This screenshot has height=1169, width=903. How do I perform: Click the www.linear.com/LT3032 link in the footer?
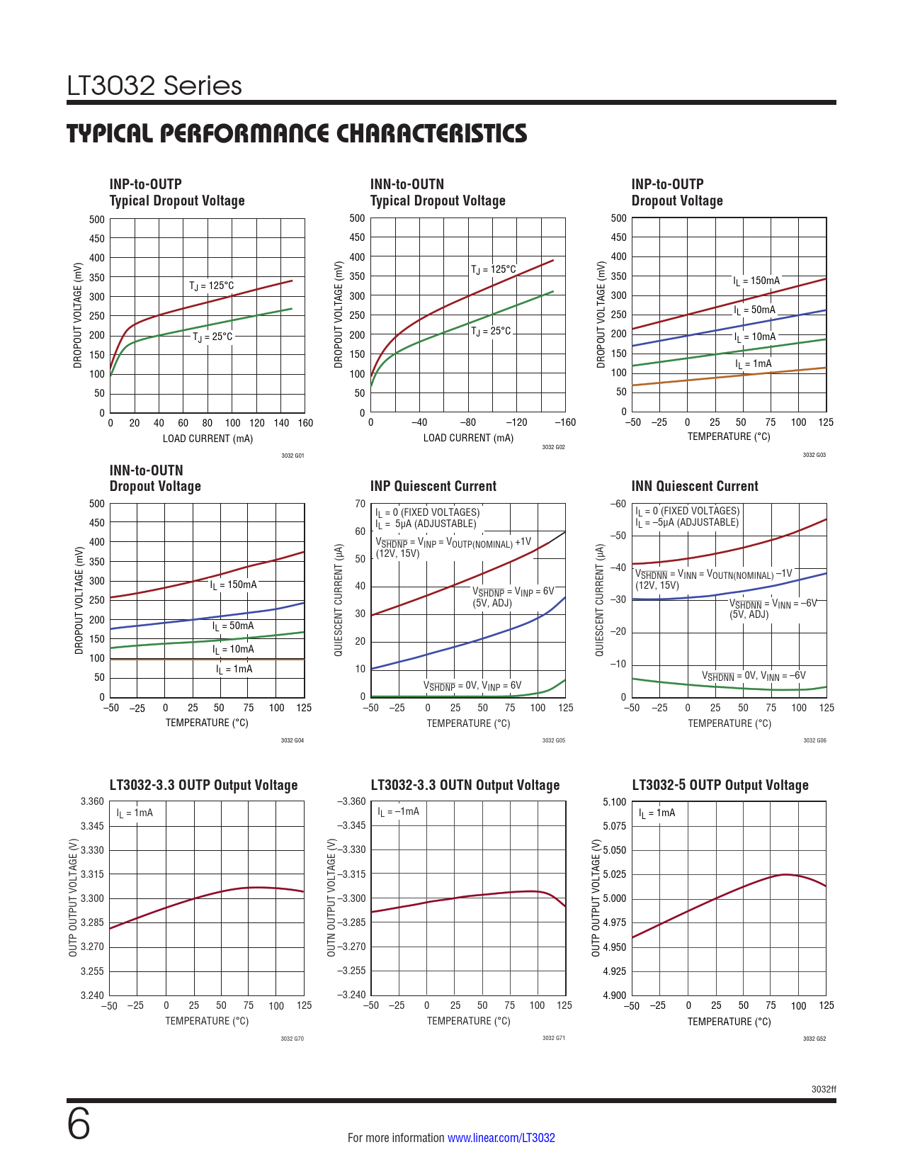(501, 1138)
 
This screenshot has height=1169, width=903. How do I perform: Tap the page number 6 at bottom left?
(79, 1124)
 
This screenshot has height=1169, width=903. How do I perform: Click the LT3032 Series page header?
(154, 86)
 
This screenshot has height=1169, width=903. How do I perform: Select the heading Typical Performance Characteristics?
(297, 133)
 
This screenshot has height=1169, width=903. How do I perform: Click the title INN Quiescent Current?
(694, 486)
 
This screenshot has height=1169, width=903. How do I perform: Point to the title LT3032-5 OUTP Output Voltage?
(720, 785)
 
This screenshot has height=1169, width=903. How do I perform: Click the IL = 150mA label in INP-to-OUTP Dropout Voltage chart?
(756, 281)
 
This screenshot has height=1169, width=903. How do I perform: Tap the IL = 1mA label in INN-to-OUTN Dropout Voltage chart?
(234, 670)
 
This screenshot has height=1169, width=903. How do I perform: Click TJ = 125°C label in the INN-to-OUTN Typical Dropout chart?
(494, 269)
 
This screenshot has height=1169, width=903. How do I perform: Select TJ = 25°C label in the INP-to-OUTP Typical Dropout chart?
(212, 337)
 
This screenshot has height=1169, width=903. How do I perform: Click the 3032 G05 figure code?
(553, 740)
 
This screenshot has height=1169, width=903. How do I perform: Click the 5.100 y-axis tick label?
(614, 802)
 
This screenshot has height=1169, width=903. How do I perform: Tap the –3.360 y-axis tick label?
(351, 801)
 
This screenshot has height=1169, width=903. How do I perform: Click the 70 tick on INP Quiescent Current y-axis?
(360, 504)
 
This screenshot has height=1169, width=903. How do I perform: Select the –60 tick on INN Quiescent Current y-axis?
(618, 504)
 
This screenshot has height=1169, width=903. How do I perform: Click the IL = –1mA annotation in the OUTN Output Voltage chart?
(398, 812)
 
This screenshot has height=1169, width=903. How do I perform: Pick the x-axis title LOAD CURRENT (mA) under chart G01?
(208, 439)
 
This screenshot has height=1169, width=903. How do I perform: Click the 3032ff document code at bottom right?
(824, 1089)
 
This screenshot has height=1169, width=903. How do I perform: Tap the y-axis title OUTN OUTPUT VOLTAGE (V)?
(331, 898)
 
